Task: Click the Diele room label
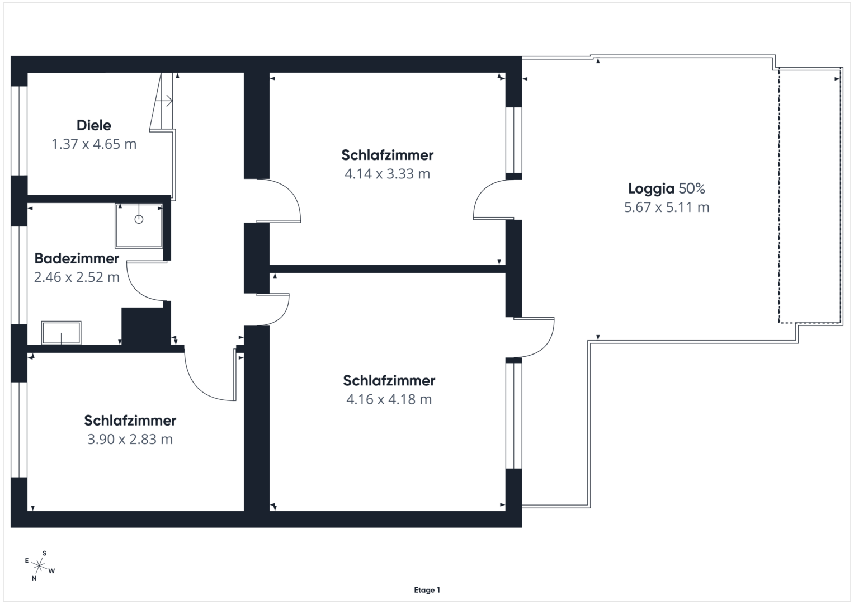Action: (94, 125)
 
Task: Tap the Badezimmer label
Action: (77, 258)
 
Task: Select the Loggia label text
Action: (651, 188)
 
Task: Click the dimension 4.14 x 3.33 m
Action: (387, 174)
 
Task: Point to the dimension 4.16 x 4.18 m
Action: (389, 399)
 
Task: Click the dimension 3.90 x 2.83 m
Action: (130, 439)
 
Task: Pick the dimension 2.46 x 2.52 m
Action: (77, 277)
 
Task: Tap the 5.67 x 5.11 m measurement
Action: (667, 207)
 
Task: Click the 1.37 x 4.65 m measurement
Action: (94, 144)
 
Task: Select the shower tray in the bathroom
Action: (139, 226)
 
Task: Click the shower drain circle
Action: (139, 219)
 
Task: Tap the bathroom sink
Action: (61, 333)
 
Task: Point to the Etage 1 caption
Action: (427, 590)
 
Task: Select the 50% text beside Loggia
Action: (692, 188)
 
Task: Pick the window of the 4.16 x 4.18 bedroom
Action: (513, 415)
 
